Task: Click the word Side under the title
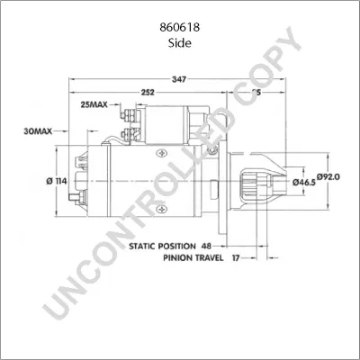(x=179, y=41)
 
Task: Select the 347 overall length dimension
(x=179, y=80)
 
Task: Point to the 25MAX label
(x=94, y=104)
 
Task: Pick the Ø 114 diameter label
(x=57, y=181)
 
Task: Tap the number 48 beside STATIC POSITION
(x=206, y=244)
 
